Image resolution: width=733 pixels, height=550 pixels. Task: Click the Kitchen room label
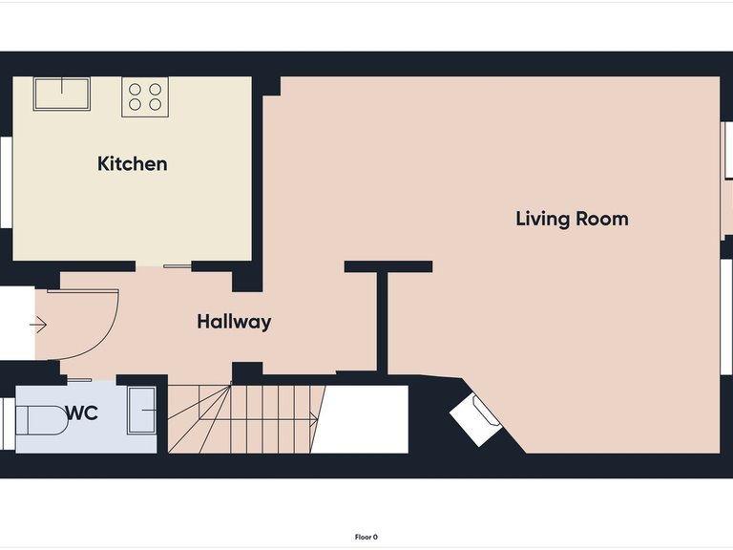(133, 163)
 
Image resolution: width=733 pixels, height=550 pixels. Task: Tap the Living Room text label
(572, 219)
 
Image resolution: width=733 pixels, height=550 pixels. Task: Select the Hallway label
(234, 322)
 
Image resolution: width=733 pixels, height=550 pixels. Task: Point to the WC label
(82, 412)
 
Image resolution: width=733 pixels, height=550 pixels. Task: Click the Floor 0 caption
(366, 537)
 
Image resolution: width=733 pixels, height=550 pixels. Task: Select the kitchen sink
(62, 94)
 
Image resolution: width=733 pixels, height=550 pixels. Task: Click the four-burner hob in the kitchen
(145, 96)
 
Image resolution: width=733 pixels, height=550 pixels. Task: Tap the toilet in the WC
(42, 420)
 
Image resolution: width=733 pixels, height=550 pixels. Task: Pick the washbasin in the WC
(142, 411)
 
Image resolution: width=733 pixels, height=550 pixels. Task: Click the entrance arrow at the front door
(38, 325)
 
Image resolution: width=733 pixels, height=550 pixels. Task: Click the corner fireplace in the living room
(476, 420)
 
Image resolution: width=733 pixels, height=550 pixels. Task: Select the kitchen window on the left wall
(6, 182)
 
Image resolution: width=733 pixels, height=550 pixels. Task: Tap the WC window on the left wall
(8, 424)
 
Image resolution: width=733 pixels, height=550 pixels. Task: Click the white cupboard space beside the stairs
(360, 419)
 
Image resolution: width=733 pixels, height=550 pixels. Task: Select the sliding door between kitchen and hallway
(178, 266)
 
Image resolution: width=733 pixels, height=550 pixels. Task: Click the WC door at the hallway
(79, 380)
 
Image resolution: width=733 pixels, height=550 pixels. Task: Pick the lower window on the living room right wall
(726, 317)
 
